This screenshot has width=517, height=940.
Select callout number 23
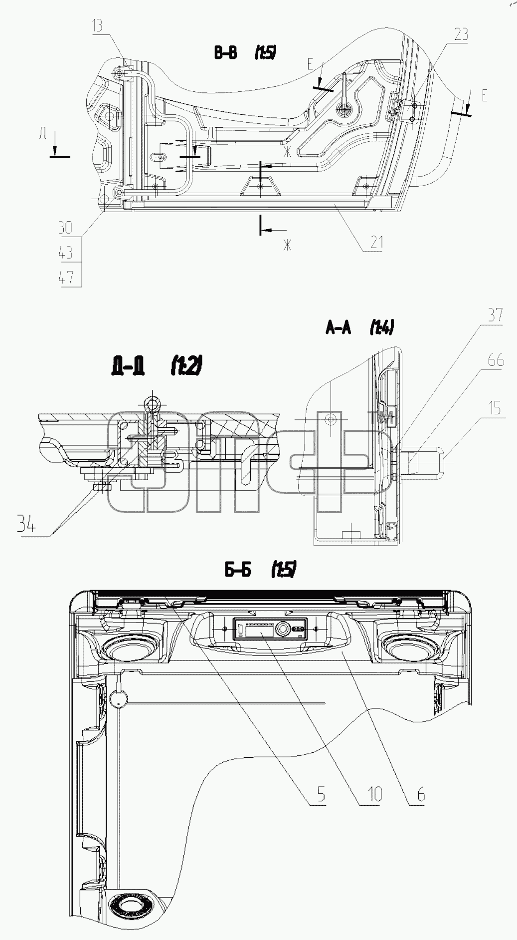(x=461, y=34)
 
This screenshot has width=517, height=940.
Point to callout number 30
(x=65, y=228)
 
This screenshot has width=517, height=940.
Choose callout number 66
(x=496, y=360)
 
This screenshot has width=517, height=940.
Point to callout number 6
(x=421, y=793)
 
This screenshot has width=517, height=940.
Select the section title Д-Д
(x=129, y=368)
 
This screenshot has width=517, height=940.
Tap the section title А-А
(x=339, y=327)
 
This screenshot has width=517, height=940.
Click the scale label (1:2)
(x=186, y=368)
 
